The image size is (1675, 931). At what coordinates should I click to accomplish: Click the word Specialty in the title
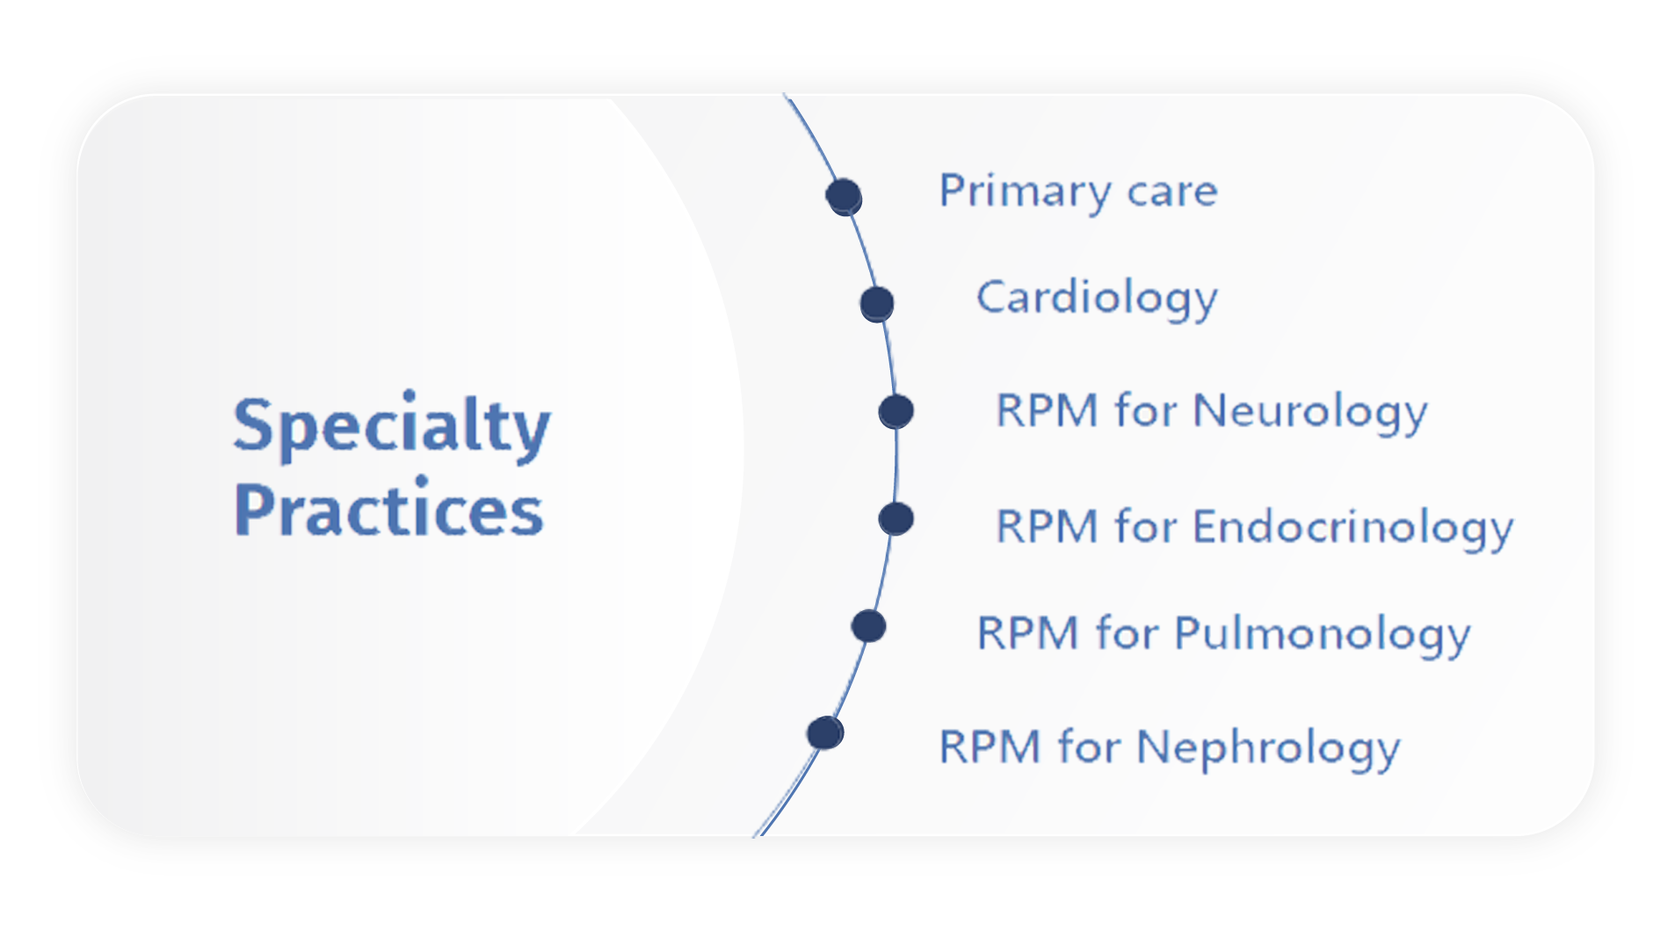392,427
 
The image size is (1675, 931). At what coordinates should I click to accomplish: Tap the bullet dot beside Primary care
844,196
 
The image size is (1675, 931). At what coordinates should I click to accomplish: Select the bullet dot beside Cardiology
877,304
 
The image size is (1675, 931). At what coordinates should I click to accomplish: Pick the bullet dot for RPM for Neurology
896,411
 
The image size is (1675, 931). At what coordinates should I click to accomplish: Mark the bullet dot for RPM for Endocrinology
896,519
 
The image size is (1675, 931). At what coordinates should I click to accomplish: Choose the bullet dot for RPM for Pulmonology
868,626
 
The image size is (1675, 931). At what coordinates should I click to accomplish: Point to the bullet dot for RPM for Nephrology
825,733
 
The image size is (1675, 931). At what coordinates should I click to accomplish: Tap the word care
1172,193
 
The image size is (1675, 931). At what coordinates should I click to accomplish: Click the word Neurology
1310,412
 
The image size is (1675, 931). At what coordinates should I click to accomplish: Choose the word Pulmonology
1323,635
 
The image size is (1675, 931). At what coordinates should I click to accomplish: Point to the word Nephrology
1269,749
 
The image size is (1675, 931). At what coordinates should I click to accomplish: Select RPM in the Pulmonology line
1028,633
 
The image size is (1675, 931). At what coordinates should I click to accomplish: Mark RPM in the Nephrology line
990,747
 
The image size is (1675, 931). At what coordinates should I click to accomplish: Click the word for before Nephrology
1089,746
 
